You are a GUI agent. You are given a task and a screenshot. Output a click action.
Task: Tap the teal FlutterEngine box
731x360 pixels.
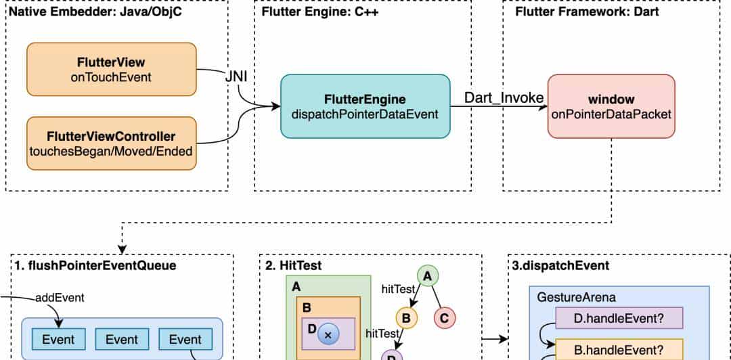coord(365,106)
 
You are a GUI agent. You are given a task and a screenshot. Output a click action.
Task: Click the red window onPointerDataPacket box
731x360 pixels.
coord(611,106)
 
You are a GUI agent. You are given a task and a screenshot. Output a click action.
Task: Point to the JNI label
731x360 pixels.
coord(236,77)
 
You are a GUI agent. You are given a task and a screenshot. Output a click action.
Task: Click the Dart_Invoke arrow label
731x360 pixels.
coord(504,97)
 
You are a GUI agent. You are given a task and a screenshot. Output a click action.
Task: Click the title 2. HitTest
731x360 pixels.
coord(294,265)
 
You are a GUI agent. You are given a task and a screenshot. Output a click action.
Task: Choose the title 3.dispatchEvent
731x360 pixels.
coord(551,265)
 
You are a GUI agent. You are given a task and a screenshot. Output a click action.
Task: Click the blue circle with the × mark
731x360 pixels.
coord(328,334)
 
